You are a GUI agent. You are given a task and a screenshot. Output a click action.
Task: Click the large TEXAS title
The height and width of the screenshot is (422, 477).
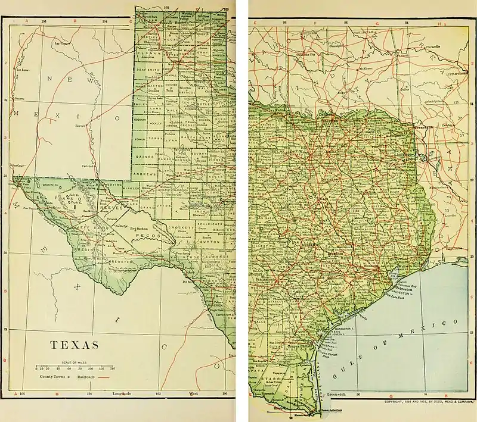point(74,345)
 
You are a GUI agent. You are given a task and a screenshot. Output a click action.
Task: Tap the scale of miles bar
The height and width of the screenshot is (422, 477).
point(75,365)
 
